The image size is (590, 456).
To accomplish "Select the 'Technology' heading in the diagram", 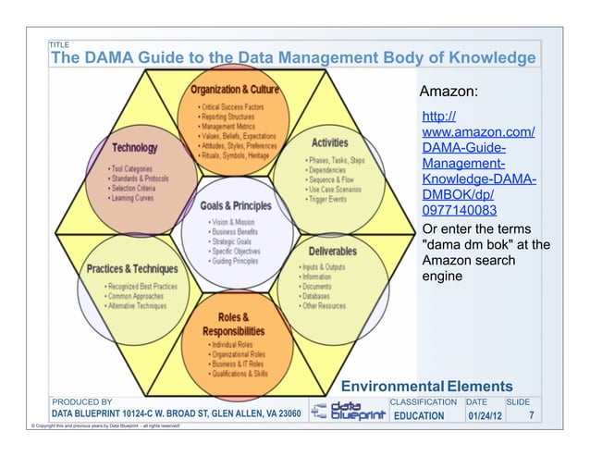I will [x=134, y=148].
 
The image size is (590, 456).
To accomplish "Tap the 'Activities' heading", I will [x=329, y=143].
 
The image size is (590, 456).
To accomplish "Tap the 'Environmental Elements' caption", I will [x=426, y=386].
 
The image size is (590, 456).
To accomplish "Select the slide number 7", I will [x=531, y=416].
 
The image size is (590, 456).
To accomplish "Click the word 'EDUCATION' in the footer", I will [x=419, y=416].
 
